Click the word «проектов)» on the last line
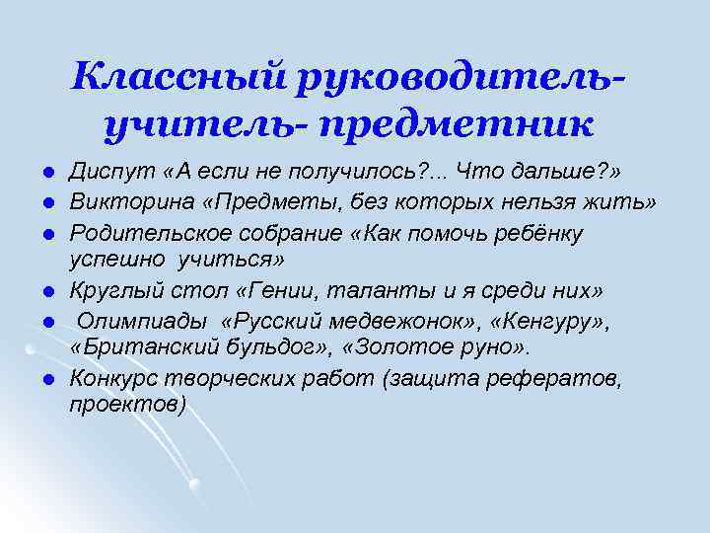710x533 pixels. (127, 405)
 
